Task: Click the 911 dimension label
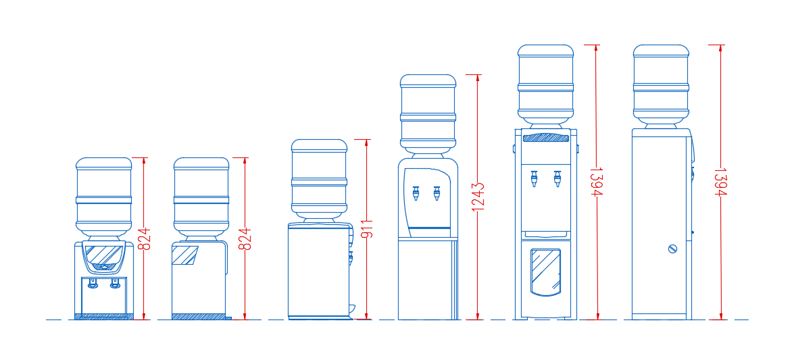coord(368,229)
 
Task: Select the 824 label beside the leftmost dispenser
coord(145,238)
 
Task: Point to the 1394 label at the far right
coord(722,182)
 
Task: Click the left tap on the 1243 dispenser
coord(416,193)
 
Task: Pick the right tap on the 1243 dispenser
coord(437,193)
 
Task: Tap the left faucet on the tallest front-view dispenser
coord(535,179)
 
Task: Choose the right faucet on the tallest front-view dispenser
coord(557,179)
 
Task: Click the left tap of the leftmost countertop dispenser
coord(92,284)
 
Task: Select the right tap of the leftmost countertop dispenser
coord(116,284)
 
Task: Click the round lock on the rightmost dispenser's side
coord(672,249)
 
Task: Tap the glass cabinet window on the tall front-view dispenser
coord(545,272)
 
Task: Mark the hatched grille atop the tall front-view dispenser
coord(546,137)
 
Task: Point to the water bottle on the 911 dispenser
coord(319,180)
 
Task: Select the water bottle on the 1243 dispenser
coord(428,114)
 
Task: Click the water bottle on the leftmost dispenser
coord(104,197)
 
